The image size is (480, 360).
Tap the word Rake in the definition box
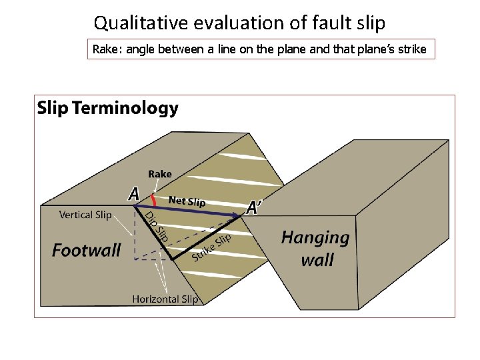point(103,49)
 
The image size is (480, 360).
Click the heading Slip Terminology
point(108,108)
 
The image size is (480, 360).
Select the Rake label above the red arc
point(160,174)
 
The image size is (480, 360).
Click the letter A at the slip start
point(134,194)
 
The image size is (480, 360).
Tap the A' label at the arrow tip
point(254,208)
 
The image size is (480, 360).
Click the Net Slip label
point(187,201)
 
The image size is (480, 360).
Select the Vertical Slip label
point(85,215)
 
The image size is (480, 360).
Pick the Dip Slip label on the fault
point(156,227)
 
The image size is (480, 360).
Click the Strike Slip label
point(211,247)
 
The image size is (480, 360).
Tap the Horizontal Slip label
point(165,299)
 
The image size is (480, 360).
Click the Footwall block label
point(87,251)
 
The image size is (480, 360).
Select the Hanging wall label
point(316,248)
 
